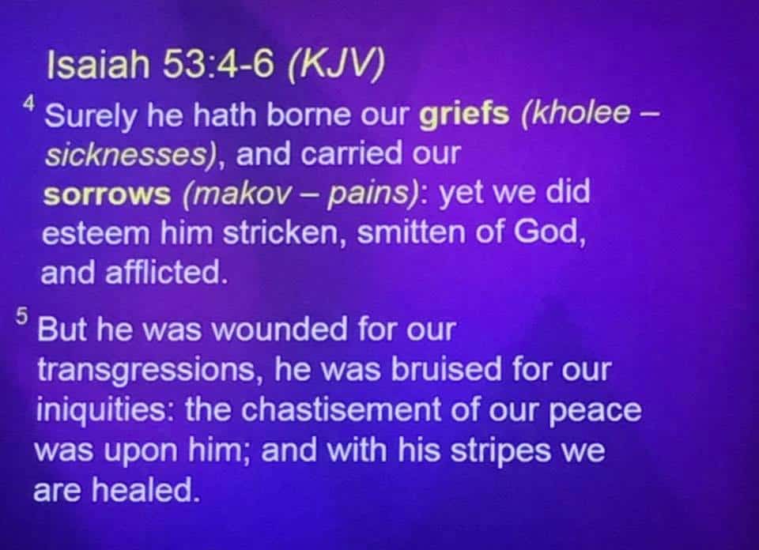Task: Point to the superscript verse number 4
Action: coord(29,103)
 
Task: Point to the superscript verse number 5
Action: coord(21,316)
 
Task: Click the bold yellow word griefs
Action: coord(464,115)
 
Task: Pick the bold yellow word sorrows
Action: coord(107,194)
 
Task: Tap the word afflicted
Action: coord(163,273)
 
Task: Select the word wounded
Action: coord(279,329)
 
